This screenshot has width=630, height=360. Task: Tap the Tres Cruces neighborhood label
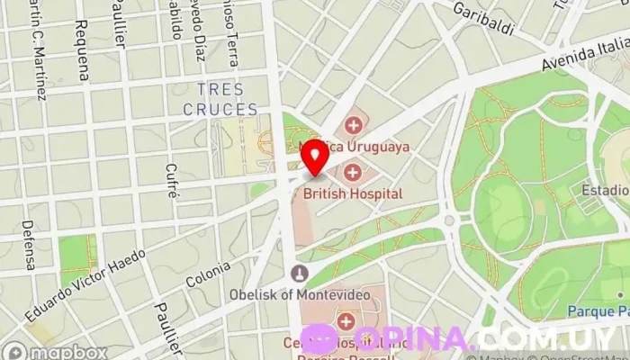click(220, 99)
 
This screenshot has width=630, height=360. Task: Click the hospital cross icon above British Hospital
click(352, 172)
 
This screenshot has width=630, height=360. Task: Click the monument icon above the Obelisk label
click(300, 273)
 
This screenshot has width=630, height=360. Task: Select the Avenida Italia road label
click(585, 50)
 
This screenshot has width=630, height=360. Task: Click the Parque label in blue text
click(598, 311)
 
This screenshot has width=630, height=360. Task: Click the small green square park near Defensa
click(77, 253)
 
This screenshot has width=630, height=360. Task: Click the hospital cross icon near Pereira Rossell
click(345, 320)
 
